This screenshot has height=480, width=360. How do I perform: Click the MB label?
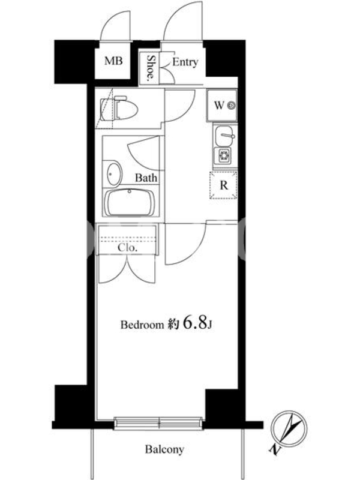point(113,61)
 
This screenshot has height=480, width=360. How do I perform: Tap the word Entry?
point(185,62)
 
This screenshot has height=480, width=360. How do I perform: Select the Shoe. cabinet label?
point(151,68)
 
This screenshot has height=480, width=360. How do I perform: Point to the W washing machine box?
point(222,106)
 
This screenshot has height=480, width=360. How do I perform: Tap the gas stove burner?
point(224,156)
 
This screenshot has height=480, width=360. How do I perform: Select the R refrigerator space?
point(223,185)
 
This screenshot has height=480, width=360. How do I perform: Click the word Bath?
point(146,178)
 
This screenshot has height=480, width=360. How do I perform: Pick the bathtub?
point(131,203)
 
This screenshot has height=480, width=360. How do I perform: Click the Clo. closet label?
point(127,248)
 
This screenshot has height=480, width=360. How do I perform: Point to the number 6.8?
point(194,322)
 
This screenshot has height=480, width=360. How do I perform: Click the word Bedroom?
point(142,325)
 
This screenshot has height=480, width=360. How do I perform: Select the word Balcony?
point(164,449)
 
